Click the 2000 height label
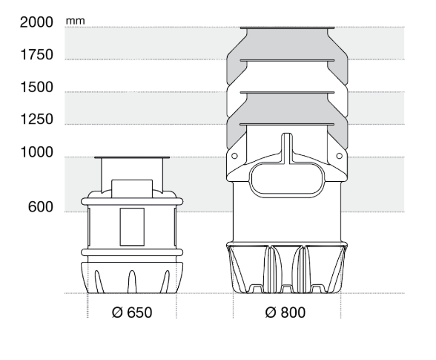click(36, 22)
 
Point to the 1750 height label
click(37, 55)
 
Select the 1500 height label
click(37, 87)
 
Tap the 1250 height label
click(37, 120)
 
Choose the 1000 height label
click(37, 152)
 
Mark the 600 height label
click(41, 207)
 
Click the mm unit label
click(76, 22)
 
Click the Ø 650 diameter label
click(132, 312)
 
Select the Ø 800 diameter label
click(285, 312)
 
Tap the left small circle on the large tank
click(234, 156)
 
